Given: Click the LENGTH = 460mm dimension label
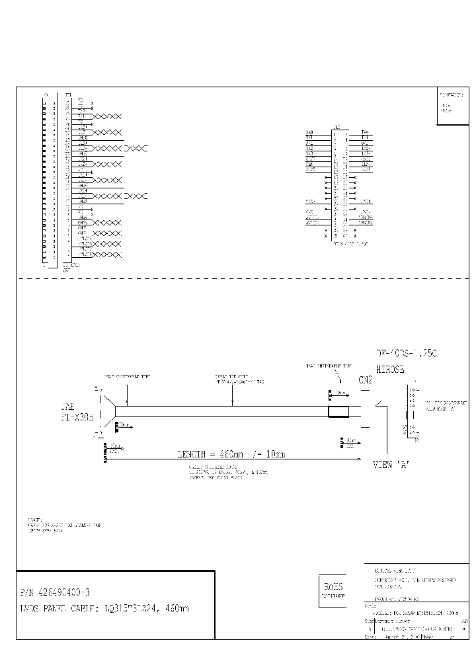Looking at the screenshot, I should click(231, 455).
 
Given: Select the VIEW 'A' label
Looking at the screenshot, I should click(392, 464).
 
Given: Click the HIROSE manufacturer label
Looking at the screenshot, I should click(389, 370).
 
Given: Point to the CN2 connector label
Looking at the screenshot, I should click(366, 381).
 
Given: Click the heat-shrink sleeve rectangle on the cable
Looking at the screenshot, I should click(338, 412).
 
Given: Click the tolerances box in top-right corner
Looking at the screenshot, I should click(453, 106).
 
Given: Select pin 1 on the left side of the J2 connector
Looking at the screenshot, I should click(335, 132).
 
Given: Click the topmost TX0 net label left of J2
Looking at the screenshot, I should click(309, 132).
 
